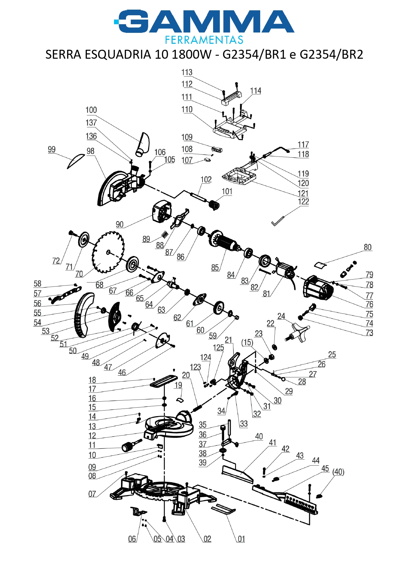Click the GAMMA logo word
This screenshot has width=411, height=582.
[204, 22]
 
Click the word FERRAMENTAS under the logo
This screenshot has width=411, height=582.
[204, 40]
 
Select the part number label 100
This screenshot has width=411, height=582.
[91, 110]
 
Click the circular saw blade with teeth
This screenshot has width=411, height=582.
[108, 252]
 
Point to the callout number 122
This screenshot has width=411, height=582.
[303, 202]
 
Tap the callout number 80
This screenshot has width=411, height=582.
[368, 247]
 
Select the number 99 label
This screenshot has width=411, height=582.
[52, 150]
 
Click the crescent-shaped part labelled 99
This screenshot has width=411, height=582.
[76, 160]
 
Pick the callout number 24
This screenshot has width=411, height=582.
[281, 316]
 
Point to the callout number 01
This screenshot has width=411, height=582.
[241, 539]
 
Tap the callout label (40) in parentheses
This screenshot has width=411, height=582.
[338, 472]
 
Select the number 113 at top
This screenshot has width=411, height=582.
[187, 72]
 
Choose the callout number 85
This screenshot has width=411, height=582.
[215, 268]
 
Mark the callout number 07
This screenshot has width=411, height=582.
[92, 494]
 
